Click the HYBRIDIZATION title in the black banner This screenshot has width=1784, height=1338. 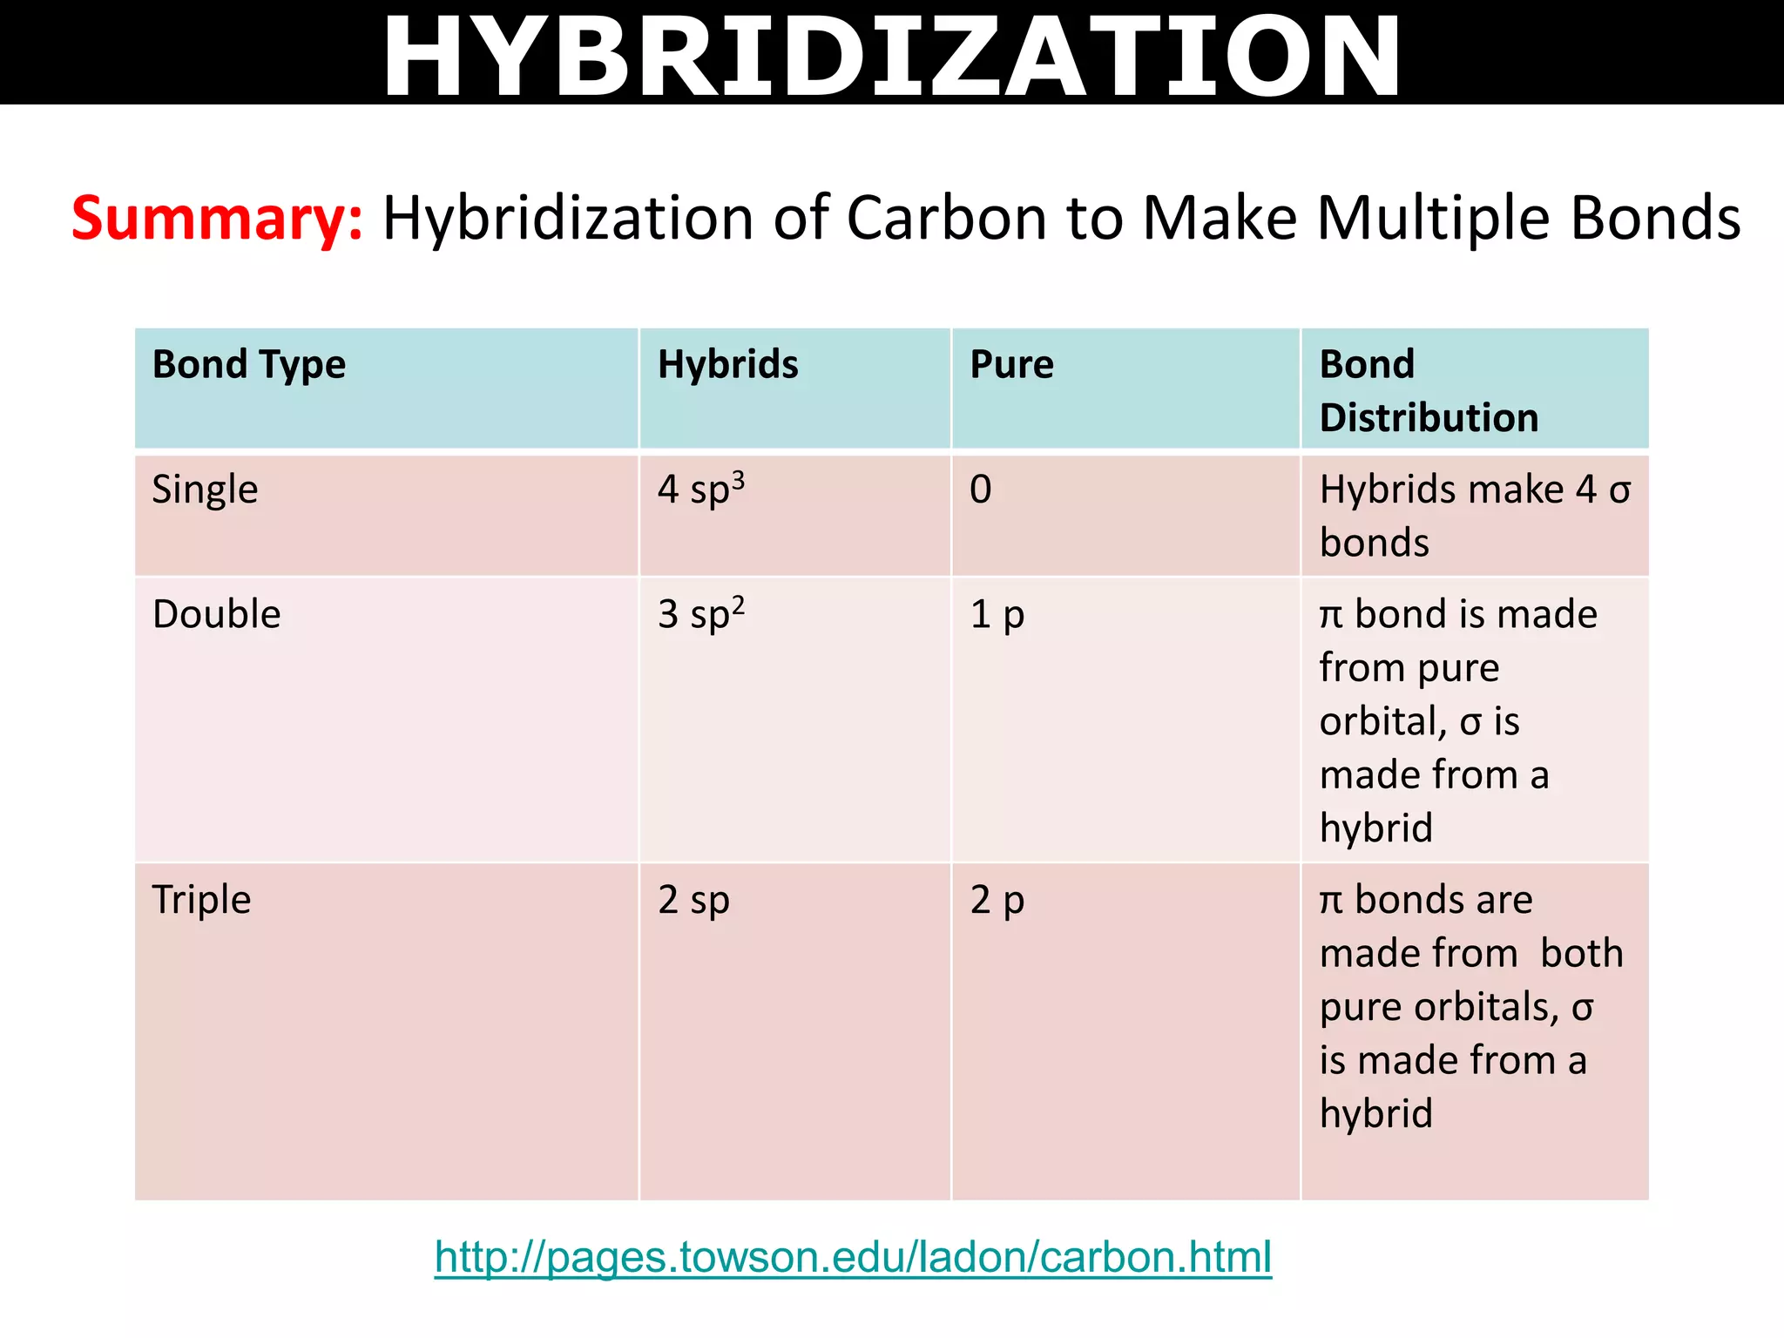[x=891, y=56]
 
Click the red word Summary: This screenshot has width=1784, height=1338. [x=217, y=218]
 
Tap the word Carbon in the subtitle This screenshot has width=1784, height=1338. [x=947, y=218]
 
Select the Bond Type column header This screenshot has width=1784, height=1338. [x=249, y=365]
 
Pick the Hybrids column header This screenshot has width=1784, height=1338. [x=727, y=365]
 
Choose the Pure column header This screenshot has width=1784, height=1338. [x=1011, y=365]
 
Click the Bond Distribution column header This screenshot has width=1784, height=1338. [x=1429, y=391]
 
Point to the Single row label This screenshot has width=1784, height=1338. [x=205, y=490]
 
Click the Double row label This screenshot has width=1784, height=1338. [x=216, y=614]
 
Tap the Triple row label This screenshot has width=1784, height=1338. [x=201, y=900]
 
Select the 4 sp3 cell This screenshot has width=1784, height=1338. [x=700, y=490]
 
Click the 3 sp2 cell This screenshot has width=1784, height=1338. [x=700, y=614]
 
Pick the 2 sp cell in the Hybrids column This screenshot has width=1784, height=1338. [x=693, y=900]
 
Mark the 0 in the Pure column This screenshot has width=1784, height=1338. [x=980, y=490]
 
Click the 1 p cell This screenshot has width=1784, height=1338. [x=997, y=614]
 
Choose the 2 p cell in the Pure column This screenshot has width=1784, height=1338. [x=997, y=900]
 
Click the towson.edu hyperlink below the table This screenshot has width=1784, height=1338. [x=853, y=1257]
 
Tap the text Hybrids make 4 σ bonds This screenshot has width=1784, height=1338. [x=1474, y=516]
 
